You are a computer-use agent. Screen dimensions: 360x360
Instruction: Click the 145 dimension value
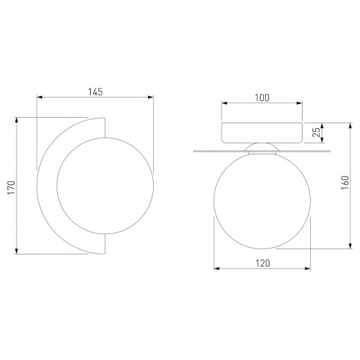pos(96,92)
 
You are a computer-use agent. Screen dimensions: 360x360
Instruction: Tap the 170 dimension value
pos(11,188)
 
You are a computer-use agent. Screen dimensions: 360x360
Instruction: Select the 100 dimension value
pos(262,98)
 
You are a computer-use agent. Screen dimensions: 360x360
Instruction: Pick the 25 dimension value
pos(316,132)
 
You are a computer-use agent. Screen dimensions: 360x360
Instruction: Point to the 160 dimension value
pos(345,183)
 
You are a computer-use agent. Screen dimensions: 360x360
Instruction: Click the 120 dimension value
pos(262,263)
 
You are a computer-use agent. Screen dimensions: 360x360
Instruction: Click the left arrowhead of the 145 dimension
pos(39,97)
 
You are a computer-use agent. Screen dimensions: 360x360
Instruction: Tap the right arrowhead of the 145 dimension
pos(151,97)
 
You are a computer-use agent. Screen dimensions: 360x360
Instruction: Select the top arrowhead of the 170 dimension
pos(17,120)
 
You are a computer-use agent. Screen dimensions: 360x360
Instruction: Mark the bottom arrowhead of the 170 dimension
pos(17,251)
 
